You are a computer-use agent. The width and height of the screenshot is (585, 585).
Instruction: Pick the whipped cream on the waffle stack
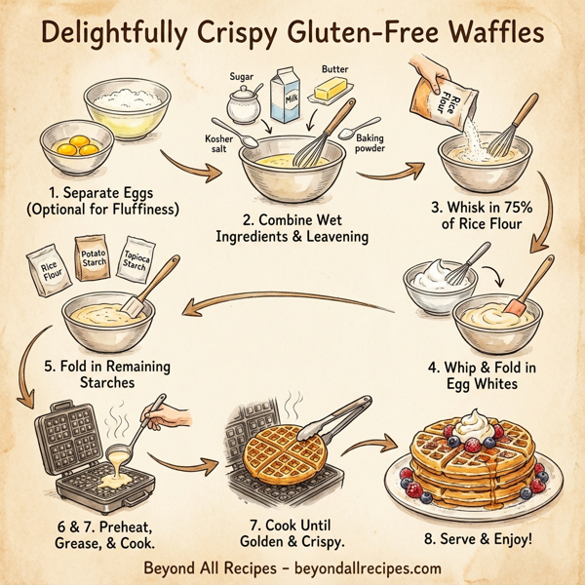474,426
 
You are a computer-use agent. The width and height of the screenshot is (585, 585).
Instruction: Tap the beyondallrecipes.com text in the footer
365,568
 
